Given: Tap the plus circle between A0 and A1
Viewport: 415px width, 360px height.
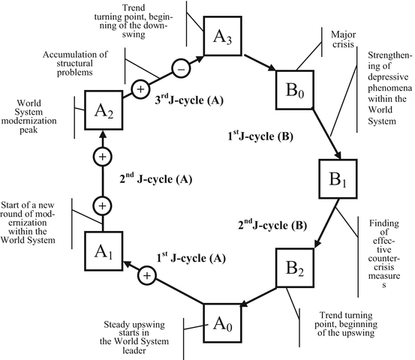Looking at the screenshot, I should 147,277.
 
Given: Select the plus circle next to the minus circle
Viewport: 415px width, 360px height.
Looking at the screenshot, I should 140,89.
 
